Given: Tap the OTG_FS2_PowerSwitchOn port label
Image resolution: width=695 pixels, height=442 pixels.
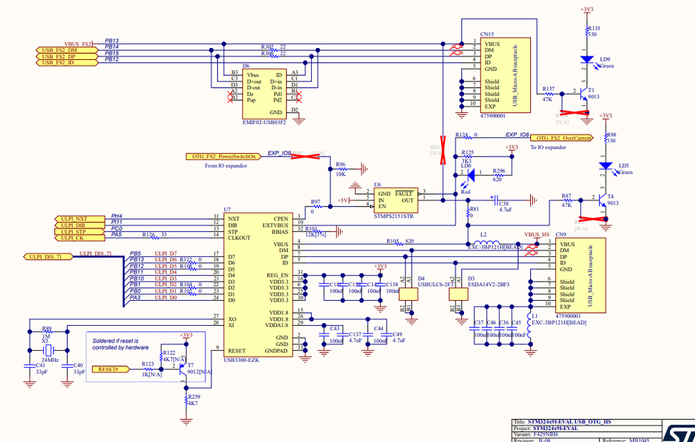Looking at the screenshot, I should [222, 157].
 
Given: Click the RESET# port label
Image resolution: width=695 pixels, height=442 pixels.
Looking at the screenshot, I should [109, 369].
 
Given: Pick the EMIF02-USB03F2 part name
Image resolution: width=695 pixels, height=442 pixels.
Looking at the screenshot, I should [265, 123].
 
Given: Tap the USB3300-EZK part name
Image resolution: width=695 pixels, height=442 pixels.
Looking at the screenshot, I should [242, 360].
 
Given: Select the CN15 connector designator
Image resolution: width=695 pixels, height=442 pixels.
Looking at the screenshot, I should [487, 33].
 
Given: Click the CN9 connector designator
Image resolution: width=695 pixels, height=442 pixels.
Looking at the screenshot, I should [561, 235].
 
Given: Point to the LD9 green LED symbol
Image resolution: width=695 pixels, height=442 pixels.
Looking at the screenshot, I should [586, 60].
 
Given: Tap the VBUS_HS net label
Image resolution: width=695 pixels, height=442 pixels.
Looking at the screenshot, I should [536, 235].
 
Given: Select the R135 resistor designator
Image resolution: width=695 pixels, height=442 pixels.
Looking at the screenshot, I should [593, 28].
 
